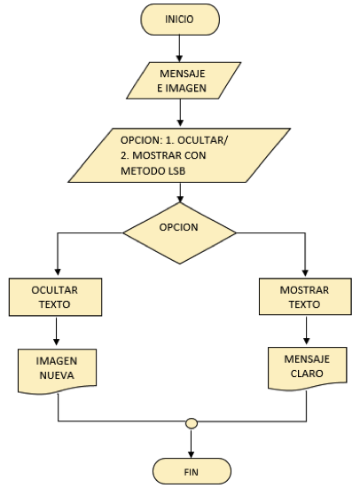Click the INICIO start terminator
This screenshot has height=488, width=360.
180,20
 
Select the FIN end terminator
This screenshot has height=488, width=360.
192,471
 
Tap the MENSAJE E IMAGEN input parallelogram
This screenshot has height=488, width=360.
184,81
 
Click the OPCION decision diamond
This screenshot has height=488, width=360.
179,233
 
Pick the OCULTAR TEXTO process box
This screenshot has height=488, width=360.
55,297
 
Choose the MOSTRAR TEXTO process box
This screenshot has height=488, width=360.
305,296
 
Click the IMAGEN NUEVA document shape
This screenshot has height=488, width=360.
58,371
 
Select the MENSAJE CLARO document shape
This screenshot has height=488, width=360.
308,368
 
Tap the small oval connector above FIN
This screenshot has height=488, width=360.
192,423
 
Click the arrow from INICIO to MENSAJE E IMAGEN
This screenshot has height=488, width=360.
179,49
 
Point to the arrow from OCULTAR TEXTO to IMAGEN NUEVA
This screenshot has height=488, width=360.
57,331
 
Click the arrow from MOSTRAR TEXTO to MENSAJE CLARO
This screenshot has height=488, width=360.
307,330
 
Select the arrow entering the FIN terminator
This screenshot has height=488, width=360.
191,443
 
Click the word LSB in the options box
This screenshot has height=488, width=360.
177,171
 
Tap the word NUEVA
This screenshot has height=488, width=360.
57,375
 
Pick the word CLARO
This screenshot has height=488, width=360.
307,374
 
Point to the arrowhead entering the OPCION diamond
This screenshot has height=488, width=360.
180,200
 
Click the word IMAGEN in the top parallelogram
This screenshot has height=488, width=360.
185,89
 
